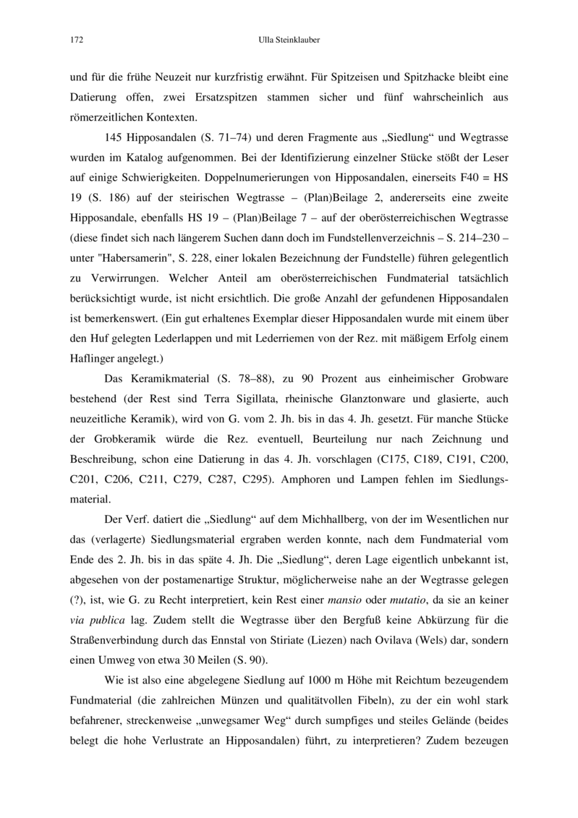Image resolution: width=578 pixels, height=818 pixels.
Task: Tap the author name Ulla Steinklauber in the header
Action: point(289,41)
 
